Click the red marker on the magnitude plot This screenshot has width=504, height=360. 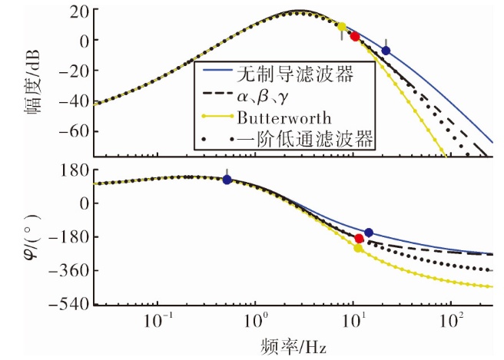pyautogui.click(x=355, y=37)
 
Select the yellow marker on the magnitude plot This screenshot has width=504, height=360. pyautogui.click(x=342, y=27)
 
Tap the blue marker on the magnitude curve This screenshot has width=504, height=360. pyautogui.click(x=386, y=51)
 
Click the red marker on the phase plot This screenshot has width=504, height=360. pyautogui.click(x=359, y=239)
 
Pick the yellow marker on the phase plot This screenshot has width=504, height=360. pyautogui.click(x=358, y=248)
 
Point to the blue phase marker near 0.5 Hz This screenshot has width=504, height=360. pyautogui.click(x=227, y=180)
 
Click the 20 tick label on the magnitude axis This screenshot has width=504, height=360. pyautogui.click(x=80, y=13)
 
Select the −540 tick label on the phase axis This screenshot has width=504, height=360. pyautogui.click(x=69, y=303)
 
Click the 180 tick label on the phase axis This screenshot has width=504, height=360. pyautogui.click(x=75, y=170)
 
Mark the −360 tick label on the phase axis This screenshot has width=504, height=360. pyautogui.click(x=69, y=271)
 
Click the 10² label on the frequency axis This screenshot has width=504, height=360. pyautogui.click(x=452, y=320)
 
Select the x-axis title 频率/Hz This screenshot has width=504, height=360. pyautogui.click(x=293, y=347)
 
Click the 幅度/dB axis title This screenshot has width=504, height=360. pyautogui.click(x=32, y=82)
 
